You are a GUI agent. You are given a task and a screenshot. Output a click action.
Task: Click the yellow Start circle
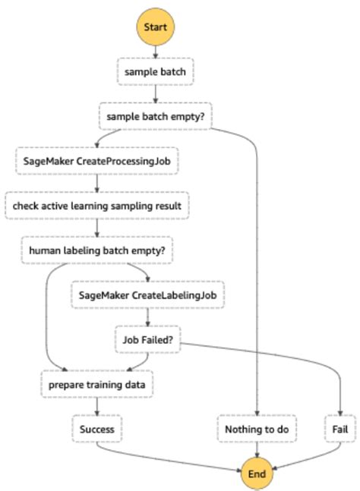click(x=156, y=27)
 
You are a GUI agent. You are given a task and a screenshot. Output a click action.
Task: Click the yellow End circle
click(x=257, y=473)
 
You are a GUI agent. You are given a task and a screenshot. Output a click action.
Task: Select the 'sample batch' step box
click(x=156, y=73)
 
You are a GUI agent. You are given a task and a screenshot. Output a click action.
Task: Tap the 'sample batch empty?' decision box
click(x=156, y=117)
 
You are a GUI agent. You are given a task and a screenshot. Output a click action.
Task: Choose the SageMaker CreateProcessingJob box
click(x=96, y=161)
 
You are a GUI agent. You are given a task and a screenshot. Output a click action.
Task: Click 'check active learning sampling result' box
click(x=96, y=205)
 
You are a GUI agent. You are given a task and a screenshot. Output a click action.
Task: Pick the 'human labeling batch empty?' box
click(x=96, y=249)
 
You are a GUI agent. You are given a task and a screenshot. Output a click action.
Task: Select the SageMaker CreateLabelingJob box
click(x=148, y=295)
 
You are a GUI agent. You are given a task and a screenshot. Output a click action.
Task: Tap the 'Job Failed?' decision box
click(x=148, y=339)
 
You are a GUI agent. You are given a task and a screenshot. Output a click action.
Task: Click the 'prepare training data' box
click(x=96, y=385)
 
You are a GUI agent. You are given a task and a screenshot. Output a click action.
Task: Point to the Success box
click(x=96, y=429)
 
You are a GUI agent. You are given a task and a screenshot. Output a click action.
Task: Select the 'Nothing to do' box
click(x=257, y=429)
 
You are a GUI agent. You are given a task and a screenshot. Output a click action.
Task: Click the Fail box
click(x=339, y=429)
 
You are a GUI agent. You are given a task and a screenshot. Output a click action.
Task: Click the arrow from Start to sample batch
click(x=156, y=52)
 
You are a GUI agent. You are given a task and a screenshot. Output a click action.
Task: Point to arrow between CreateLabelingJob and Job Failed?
click(x=148, y=317)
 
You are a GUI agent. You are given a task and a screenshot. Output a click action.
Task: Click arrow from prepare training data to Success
click(x=96, y=407)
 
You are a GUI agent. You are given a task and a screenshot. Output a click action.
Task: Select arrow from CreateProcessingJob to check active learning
click(x=96, y=183)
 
